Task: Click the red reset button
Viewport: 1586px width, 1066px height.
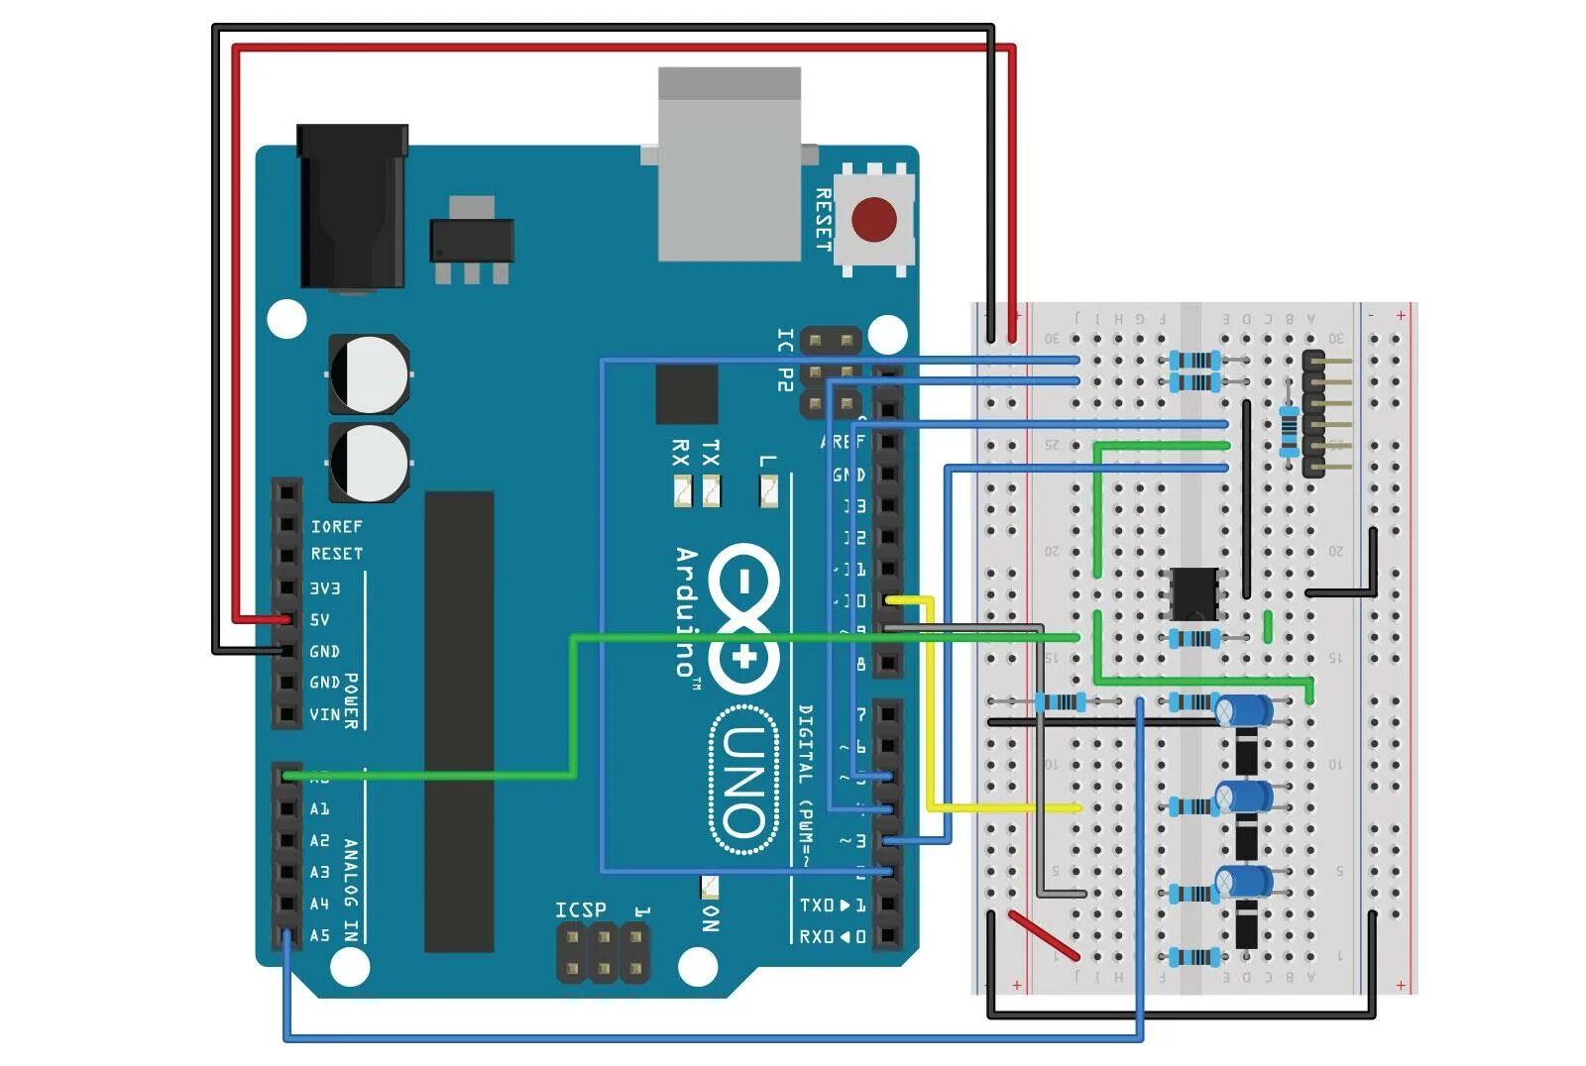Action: pos(873,219)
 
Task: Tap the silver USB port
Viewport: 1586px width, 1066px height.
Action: pos(729,163)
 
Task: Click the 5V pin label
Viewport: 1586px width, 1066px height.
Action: pos(319,620)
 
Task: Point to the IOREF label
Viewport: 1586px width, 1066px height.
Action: pos(336,526)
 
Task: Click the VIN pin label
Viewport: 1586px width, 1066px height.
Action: pos(324,714)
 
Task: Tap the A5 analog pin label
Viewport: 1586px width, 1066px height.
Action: pos(319,935)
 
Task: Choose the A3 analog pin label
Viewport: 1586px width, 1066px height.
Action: pos(319,872)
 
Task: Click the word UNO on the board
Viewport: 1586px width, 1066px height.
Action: pos(743,781)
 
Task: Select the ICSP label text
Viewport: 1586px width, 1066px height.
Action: pos(580,909)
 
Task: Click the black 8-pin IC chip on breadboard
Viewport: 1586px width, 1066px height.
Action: pos(1194,592)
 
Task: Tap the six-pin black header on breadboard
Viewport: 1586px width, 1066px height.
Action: pos(1313,413)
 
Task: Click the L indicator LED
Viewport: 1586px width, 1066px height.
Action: pos(768,489)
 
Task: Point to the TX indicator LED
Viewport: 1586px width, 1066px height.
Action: pos(711,490)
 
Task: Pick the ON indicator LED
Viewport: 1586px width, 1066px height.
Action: pos(710,885)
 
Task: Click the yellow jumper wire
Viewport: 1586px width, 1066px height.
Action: pos(931,703)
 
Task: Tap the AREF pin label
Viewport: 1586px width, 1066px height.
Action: pos(844,442)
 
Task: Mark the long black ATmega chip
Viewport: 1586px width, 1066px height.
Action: pos(459,720)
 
